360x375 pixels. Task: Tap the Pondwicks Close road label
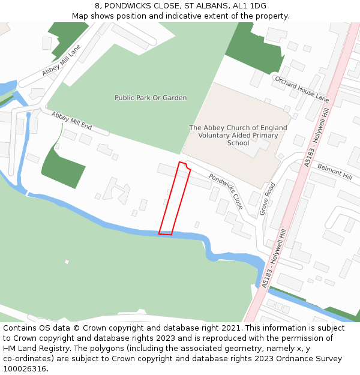[x=226, y=191]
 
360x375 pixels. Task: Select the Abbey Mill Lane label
[x=61, y=62]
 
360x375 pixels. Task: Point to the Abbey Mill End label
[x=71, y=121]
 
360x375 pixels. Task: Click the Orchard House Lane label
[x=302, y=88]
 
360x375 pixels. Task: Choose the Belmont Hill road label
[x=335, y=171]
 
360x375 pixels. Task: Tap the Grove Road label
[x=267, y=199]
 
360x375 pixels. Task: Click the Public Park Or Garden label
[x=151, y=98]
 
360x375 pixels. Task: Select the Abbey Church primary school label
[x=238, y=135]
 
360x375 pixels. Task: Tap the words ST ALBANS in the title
[x=202, y=5]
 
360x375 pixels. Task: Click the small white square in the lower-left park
[x=67, y=262]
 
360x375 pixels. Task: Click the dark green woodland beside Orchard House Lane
[x=255, y=51]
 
